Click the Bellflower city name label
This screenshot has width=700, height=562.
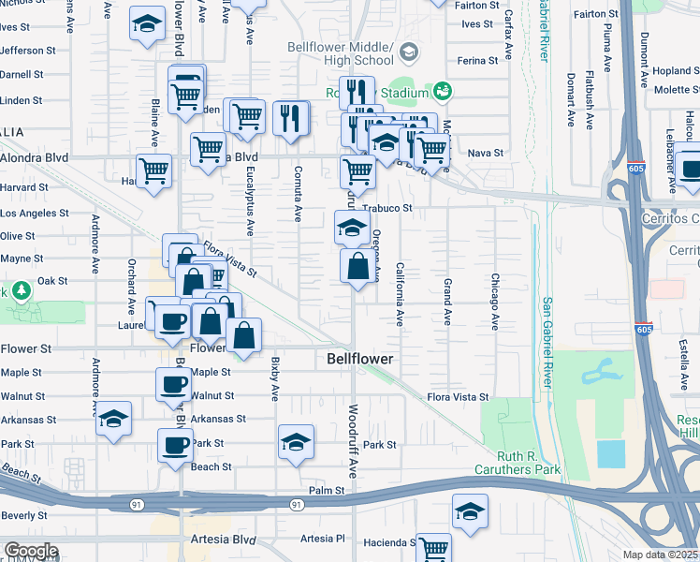click(x=359, y=360)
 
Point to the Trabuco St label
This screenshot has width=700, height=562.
click(x=388, y=208)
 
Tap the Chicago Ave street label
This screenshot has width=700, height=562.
click(x=494, y=302)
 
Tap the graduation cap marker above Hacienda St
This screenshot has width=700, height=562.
click(x=470, y=511)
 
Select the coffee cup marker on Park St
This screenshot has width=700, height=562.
click(x=175, y=446)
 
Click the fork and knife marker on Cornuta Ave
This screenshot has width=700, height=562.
click(x=292, y=118)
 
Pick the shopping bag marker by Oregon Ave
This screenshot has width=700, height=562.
click(x=357, y=267)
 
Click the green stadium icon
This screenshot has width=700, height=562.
click(x=442, y=91)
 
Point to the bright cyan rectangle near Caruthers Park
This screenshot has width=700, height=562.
click(x=612, y=454)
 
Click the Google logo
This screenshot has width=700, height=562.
click(x=30, y=551)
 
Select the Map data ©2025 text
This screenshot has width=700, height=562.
click(x=660, y=555)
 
